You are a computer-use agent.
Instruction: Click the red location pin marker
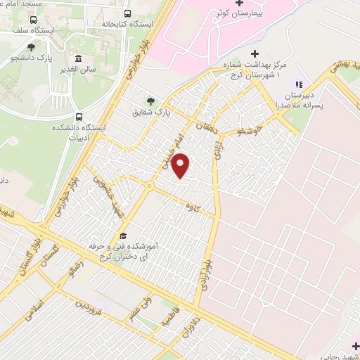click(x=181, y=166)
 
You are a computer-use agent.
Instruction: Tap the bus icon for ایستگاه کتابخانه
click(x=127, y=13)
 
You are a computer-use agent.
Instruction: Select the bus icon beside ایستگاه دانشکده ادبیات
click(x=79, y=117)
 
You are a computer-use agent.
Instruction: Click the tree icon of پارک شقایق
click(x=150, y=101)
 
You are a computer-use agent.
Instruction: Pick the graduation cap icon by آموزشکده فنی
click(x=123, y=236)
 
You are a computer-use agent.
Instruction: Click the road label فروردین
click(x=89, y=307)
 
